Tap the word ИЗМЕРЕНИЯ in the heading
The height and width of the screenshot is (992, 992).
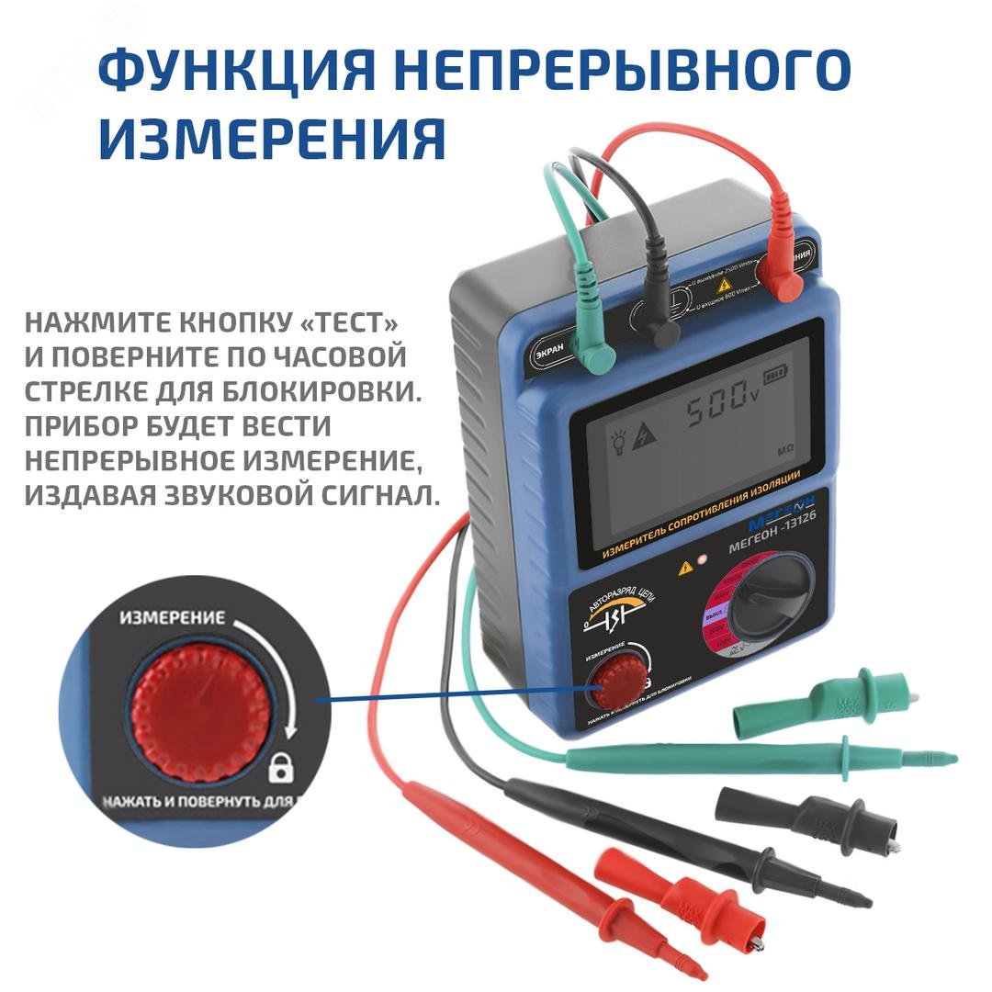pos(272,138)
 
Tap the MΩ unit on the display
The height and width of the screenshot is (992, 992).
pos(785,452)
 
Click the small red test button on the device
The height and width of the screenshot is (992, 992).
pos(611,682)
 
